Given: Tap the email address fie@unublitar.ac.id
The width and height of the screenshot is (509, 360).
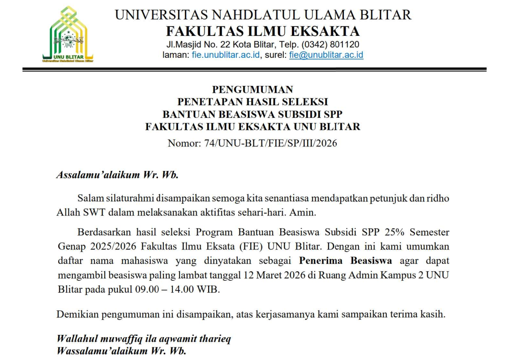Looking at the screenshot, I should tap(326, 55).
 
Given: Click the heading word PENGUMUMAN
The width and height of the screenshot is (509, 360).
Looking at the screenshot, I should tap(252, 90).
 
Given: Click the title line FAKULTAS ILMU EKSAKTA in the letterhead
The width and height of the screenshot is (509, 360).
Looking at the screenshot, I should tap(263, 31).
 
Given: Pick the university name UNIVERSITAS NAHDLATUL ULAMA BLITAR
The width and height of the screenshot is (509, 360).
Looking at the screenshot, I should tap(263, 15).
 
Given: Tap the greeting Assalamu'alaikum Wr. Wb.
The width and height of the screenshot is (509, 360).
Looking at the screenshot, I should tap(117, 175).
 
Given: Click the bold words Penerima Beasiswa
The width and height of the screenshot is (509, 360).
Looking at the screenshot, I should tap(346, 260).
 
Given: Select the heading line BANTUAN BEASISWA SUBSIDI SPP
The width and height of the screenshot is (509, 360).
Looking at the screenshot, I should tap(252, 114).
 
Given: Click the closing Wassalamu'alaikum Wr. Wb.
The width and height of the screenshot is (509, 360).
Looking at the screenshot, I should tap(121, 351).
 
